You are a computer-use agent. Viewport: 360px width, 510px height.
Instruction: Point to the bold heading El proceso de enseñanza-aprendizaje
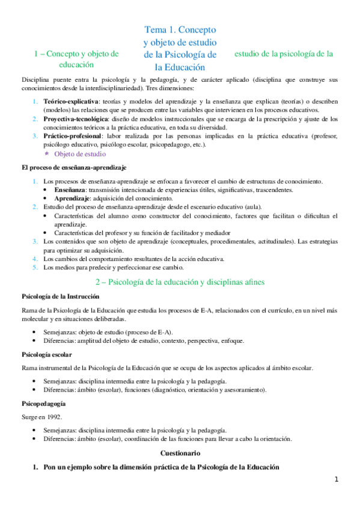coord(74,166)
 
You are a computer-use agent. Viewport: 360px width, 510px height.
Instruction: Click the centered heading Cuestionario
coord(180,452)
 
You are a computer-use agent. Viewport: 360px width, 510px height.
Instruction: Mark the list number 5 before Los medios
coord(35,267)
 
